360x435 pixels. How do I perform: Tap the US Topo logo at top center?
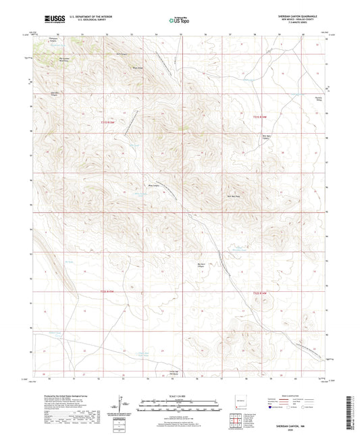coord(179,20)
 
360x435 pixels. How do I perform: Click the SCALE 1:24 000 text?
coord(179,396)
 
